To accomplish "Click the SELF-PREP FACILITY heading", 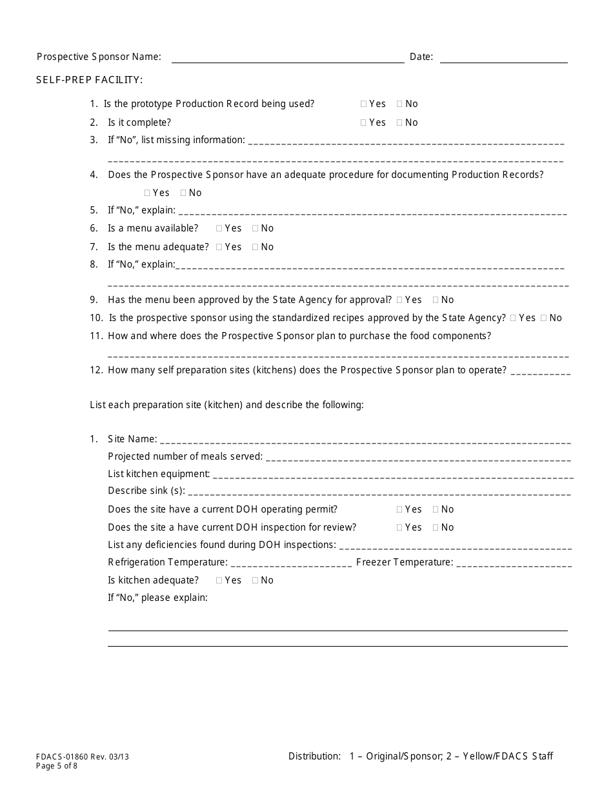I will (x=90, y=80).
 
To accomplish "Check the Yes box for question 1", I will (x=364, y=104).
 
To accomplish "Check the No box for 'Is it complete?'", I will (x=400, y=122).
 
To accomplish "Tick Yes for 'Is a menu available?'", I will (x=219, y=228).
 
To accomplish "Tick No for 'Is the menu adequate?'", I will (x=256, y=247).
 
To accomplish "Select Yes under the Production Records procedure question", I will (x=148, y=193).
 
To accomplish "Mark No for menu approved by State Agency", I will (x=436, y=300).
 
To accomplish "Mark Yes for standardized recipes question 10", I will (x=514, y=318).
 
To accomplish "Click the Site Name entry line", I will (x=365, y=442).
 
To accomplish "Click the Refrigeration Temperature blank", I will (x=291, y=565).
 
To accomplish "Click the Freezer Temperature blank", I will (x=514, y=565).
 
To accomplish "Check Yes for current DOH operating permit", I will (x=400, y=509).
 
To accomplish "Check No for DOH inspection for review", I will (x=436, y=527).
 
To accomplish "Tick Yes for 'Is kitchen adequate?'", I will (x=219, y=580).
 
